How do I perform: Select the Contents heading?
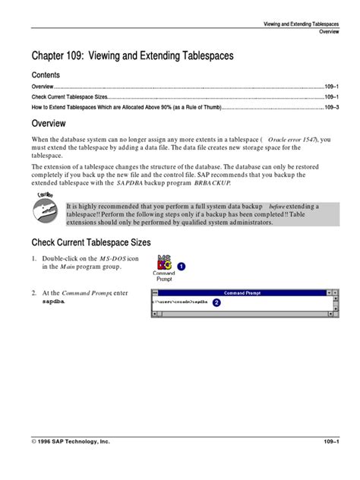45,76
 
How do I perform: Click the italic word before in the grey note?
279,206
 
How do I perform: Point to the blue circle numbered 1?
182,267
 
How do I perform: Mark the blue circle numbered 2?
217,302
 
